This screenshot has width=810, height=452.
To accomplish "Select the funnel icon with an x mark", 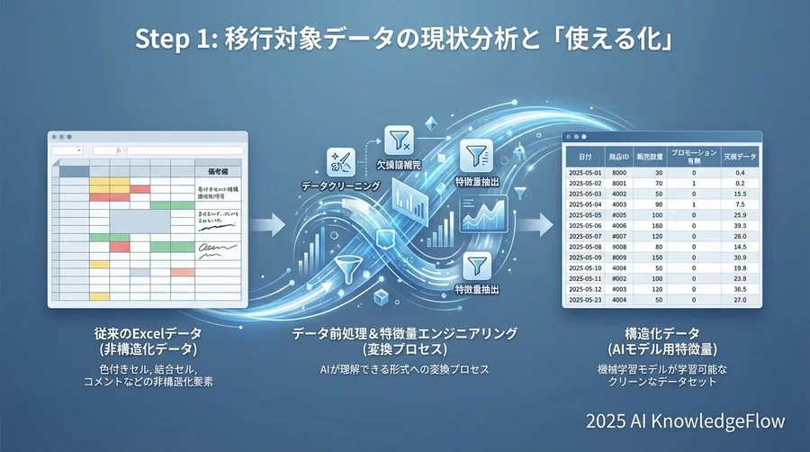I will coord(398,141).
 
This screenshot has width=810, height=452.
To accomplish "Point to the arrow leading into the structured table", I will coord(540,222).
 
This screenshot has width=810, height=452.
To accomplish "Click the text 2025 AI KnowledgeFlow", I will coord(684,420).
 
